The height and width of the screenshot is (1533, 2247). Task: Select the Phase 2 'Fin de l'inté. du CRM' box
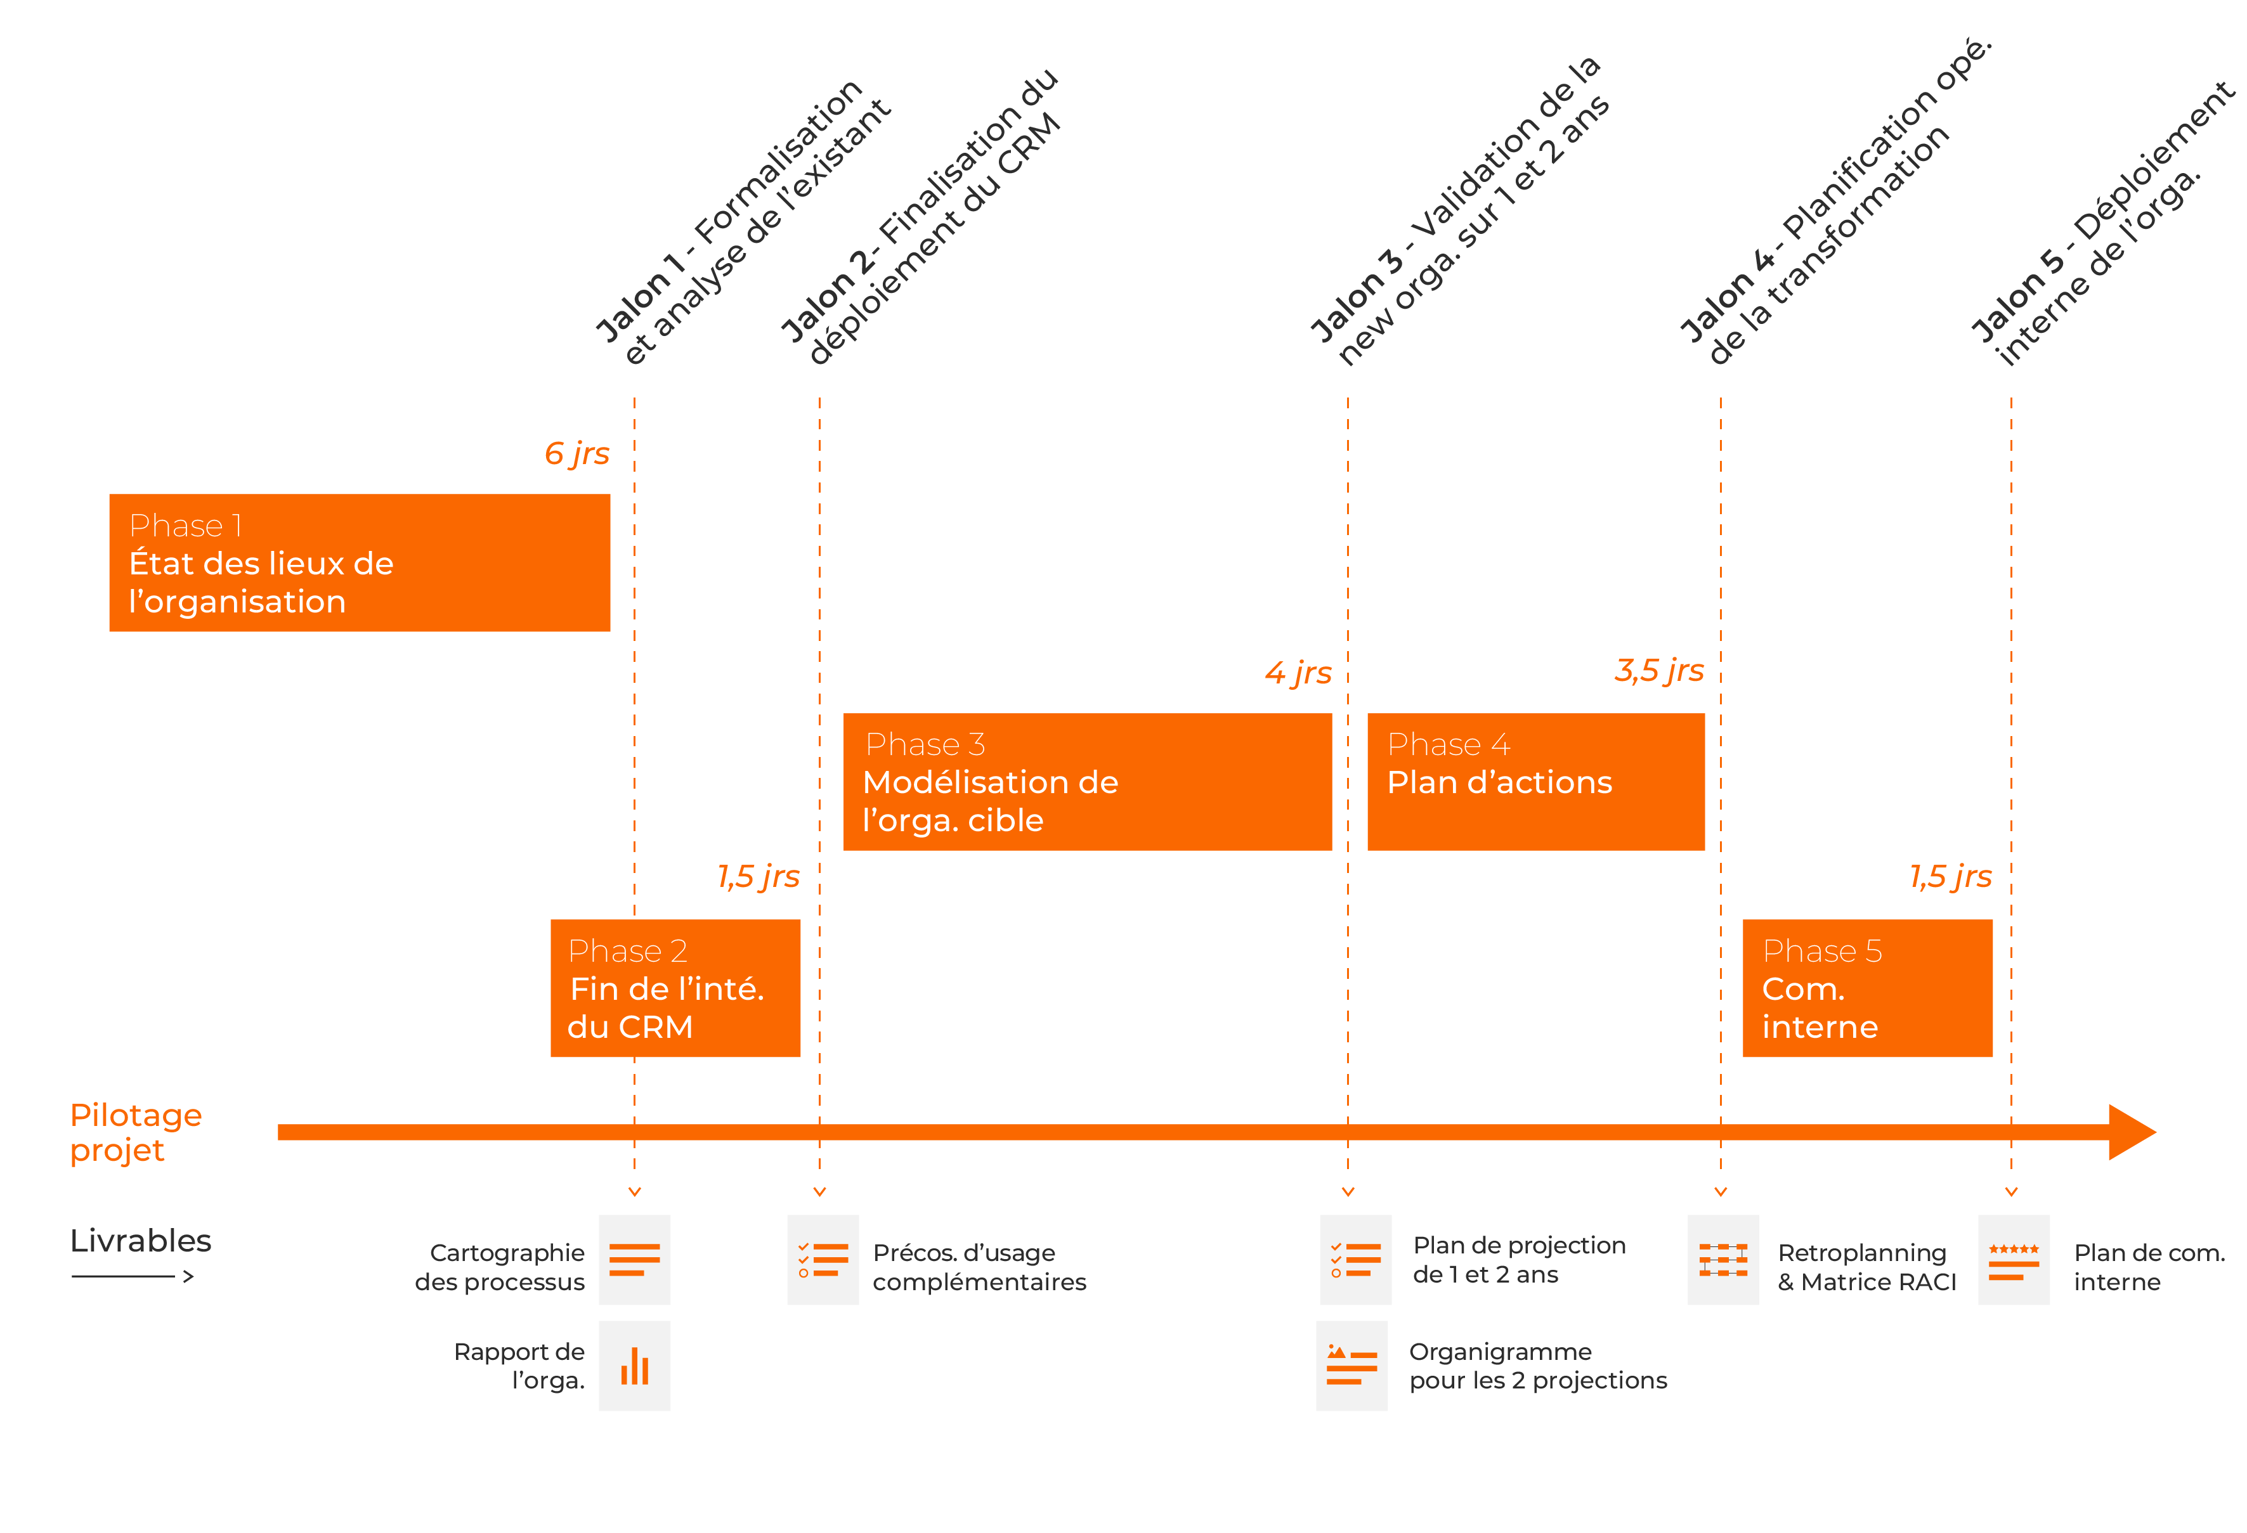[675, 987]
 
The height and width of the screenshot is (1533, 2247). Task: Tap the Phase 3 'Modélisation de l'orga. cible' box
[1087, 781]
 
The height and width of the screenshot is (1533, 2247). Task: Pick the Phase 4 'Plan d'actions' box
[1535, 781]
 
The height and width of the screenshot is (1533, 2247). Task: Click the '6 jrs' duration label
[576, 453]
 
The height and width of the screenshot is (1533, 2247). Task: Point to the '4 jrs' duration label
[1298, 673]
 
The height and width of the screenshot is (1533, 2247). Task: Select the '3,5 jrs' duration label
[1658, 670]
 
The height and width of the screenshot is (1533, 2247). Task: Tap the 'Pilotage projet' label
[135, 1132]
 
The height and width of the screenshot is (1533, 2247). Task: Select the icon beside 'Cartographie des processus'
[634, 1260]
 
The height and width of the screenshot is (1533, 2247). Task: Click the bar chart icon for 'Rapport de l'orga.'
[634, 1365]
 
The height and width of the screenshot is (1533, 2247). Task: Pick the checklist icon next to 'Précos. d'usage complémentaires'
[823, 1260]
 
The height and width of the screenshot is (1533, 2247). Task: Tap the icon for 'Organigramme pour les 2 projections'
[1351, 1365]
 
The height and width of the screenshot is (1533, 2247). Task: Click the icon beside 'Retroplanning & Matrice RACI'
[1723, 1260]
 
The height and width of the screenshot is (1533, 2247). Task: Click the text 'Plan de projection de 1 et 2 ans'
[1518, 1260]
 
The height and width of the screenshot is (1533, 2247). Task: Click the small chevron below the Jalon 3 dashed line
[1348, 1192]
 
